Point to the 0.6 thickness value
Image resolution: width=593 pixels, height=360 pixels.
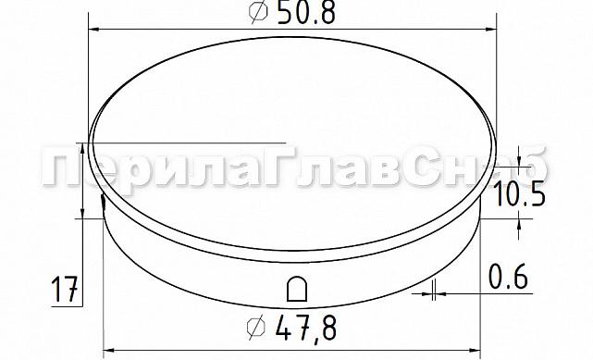508,276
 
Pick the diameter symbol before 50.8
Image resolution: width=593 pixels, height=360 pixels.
259,13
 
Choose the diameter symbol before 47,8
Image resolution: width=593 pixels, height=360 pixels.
258,327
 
